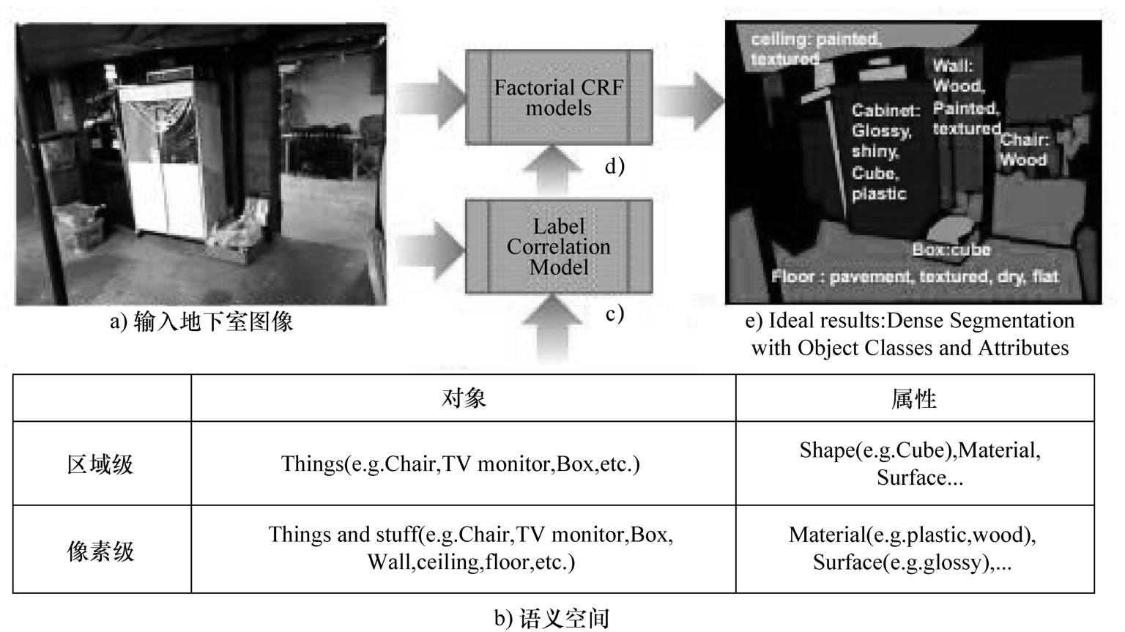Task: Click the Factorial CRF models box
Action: pos(559,97)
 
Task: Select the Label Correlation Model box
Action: pos(559,247)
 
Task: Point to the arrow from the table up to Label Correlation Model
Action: pos(552,329)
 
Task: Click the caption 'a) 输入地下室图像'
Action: pos(201,321)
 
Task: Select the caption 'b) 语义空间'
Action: pos(552,618)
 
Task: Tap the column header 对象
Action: pos(464,398)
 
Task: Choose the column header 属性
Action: pos(914,399)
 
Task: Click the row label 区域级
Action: pos(100,464)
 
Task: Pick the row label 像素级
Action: pos(100,551)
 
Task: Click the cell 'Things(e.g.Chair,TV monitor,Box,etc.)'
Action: pos(461,464)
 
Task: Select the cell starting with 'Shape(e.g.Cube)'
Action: pos(920,464)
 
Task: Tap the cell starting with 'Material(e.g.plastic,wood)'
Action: pos(913,549)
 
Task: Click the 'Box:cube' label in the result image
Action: pos(951,250)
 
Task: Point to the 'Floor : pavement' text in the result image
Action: pos(915,277)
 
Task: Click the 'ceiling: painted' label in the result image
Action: pos(816,48)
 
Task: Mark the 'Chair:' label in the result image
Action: pos(1025,140)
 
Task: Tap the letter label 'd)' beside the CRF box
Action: pos(615,166)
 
